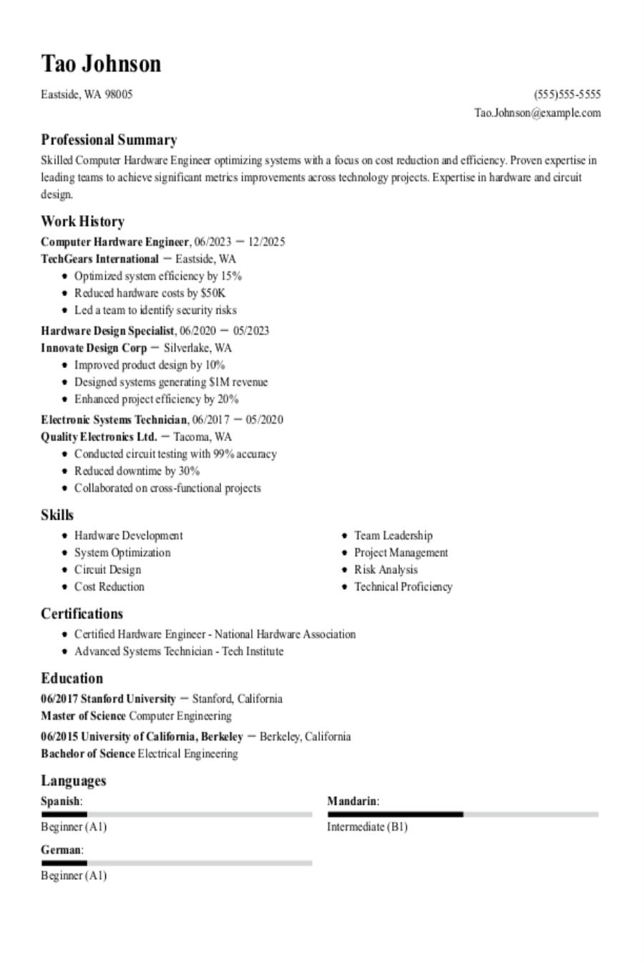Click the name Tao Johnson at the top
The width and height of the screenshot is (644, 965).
point(101,64)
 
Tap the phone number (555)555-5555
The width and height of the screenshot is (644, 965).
point(567,94)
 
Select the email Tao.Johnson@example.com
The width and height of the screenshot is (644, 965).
point(537,113)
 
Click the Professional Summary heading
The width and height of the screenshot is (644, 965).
point(109,140)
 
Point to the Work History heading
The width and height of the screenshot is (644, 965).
point(82,222)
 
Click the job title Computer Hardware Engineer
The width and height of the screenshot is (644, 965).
point(114,242)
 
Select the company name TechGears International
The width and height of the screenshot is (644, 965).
point(99,259)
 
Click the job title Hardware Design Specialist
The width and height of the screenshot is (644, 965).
point(107,331)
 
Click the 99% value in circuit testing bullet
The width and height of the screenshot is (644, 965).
point(223,454)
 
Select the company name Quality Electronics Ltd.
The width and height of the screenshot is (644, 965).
point(99,437)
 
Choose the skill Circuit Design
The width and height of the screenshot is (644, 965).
point(107,570)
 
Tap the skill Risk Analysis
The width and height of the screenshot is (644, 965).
point(386,570)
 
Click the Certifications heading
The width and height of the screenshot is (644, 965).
point(82,614)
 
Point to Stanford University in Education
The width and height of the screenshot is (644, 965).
point(128,699)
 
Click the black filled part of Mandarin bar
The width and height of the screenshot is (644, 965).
point(395,814)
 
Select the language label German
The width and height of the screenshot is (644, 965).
point(60,850)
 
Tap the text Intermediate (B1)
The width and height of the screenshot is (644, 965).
point(367,827)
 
